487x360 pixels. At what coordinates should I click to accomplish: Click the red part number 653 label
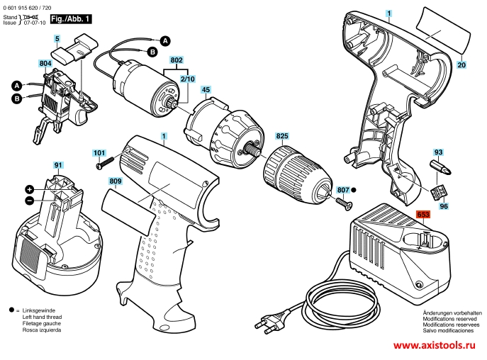(423, 214)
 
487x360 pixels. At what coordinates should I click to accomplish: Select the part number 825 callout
(282, 136)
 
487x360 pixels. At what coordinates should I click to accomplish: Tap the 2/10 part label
(188, 79)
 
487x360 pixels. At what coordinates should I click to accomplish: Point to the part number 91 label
(58, 165)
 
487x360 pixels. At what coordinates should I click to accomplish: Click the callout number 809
(116, 181)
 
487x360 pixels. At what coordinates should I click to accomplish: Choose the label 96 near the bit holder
(444, 206)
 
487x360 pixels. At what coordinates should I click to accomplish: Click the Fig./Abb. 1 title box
(71, 19)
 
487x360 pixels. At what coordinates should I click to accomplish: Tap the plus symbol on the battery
(29, 189)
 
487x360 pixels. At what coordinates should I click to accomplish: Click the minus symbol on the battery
(29, 201)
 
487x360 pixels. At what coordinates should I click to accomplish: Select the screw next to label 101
(106, 163)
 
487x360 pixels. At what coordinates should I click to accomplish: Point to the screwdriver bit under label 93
(440, 167)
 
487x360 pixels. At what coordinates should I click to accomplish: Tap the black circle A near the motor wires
(165, 40)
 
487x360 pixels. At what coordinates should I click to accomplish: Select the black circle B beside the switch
(17, 99)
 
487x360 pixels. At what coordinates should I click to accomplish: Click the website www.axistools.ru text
(435, 345)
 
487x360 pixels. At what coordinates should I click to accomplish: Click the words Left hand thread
(42, 317)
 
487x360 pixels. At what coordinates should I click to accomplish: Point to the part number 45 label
(206, 90)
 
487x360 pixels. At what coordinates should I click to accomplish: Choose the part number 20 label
(461, 64)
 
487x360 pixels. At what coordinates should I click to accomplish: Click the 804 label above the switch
(45, 63)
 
